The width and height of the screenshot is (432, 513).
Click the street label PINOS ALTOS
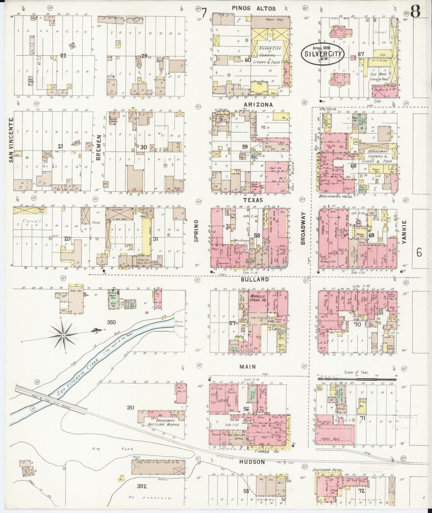click(x=258, y=8)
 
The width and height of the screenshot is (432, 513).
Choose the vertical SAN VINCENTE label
click(x=11, y=140)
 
